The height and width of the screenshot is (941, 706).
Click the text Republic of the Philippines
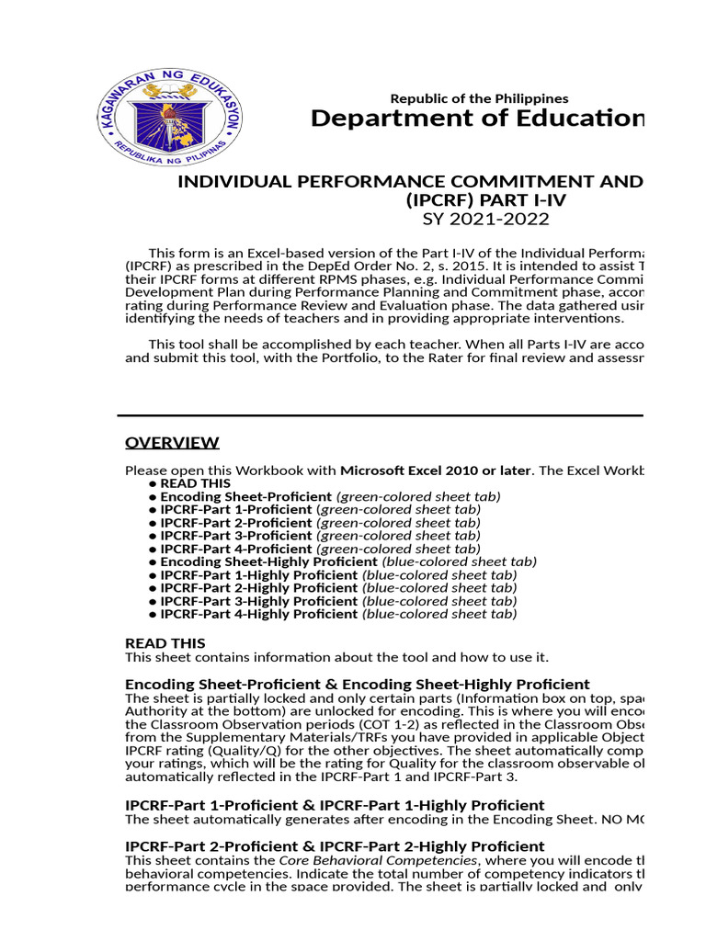tap(479, 98)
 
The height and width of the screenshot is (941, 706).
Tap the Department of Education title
tap(476, 119)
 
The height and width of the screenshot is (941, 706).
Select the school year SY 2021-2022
tap(485, 219)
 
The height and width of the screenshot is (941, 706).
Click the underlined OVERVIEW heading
tap(172, 443)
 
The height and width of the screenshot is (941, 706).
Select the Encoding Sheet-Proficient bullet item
tap(245, 496)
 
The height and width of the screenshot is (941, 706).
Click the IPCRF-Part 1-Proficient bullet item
tap(236, 509)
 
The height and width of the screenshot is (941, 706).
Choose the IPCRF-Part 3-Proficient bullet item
tap(236, 535)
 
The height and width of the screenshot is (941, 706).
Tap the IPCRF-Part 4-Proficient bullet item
tap(236, 549)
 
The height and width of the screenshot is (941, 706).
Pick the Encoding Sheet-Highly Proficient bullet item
tap(268, 561)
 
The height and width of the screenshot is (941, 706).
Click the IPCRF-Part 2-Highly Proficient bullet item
tap(258, 587)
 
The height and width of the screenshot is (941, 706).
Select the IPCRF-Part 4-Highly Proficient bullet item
tap(258, 614)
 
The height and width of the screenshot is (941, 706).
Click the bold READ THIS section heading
tap(165, 643)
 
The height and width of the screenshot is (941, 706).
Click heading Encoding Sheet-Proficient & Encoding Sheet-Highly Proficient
tap(357, 685)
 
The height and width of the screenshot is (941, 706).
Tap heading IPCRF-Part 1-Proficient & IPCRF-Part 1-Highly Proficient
tap(335, 805)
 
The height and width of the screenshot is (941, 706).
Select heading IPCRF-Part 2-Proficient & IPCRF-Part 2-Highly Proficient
tap(335, 845)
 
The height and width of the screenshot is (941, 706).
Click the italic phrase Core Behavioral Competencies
tap(378, 860)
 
